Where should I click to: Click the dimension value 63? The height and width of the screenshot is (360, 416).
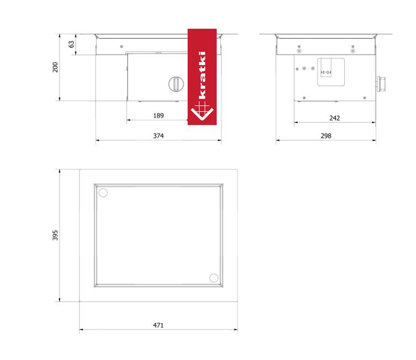click(x=71, y=44)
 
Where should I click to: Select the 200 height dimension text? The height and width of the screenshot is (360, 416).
click(x=55, y=67)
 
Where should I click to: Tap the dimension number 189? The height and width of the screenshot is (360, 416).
click(x=159, y=115)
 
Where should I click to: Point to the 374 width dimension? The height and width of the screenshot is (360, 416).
click(x=159, y=136)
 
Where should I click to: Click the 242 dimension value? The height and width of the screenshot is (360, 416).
click(x=335, y=118)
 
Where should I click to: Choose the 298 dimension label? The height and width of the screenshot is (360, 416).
click(x=326, y=136)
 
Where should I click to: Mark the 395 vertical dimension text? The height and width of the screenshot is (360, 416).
click(x=55, y=235)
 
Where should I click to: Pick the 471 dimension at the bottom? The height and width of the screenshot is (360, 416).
click(x=158, y=325)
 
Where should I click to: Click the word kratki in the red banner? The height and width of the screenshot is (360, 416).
click(x=202, y=75)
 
